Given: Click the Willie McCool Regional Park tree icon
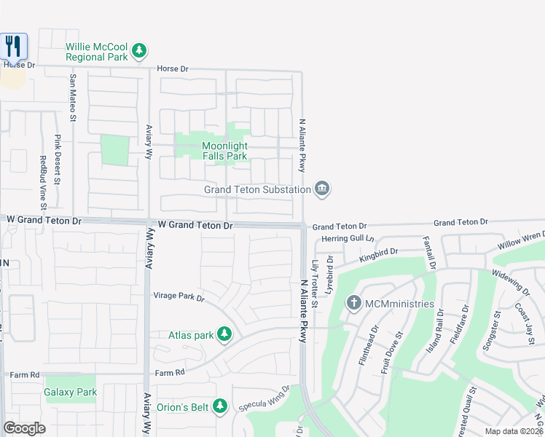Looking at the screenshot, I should (x=138, y=52).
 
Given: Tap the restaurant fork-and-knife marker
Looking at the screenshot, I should (x=13, y=47).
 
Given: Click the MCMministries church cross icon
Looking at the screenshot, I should (x=353, y=303).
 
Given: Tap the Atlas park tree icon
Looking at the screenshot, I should (x=225, y=335).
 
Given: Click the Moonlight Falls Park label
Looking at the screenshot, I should (x=224, y=151).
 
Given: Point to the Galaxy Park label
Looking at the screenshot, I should (x=71, y=393).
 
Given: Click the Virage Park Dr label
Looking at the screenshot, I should (x=179, y=296).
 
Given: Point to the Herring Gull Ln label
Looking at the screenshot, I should (x=348, y=238).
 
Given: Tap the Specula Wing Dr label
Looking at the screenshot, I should (x=264, y=398).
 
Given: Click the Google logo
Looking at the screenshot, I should (x=24, y=428).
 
